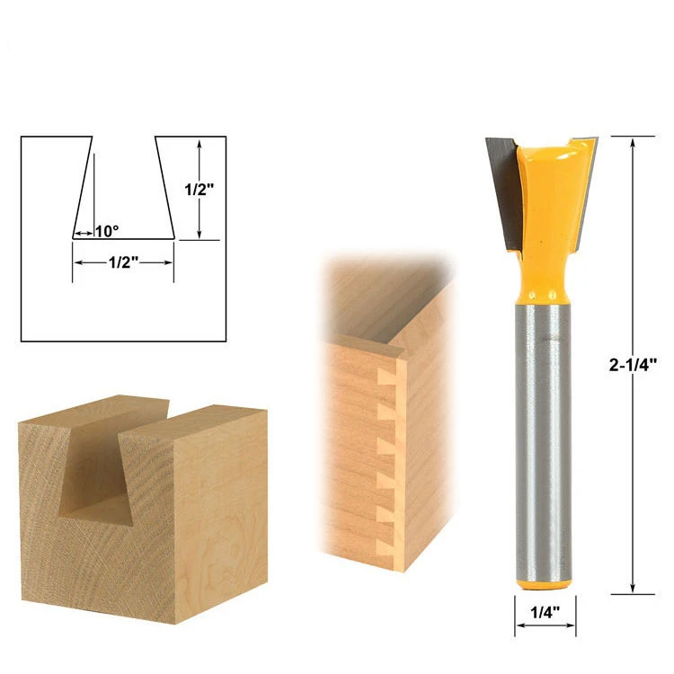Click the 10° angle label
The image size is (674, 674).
click(106, 231)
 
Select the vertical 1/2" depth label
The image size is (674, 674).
click(200, 190)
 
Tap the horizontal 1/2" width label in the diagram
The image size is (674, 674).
click(123, 262)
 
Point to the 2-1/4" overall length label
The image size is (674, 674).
click(634, 365)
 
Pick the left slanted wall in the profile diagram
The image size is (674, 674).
click(83, 188)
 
